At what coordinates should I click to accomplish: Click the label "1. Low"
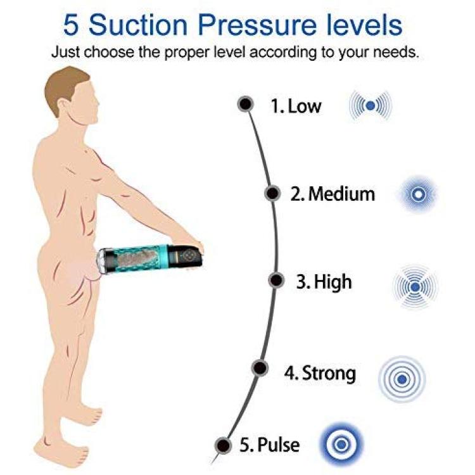296,106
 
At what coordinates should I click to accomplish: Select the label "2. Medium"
332,194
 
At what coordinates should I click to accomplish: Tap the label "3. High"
324,282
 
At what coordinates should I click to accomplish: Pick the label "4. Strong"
320,373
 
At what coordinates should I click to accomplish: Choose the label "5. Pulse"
270,445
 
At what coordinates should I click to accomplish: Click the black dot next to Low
245,104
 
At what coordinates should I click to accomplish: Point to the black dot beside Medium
272,193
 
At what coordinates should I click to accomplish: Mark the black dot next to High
276,280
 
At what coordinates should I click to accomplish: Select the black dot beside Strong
260,368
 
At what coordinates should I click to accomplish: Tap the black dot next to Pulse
224,446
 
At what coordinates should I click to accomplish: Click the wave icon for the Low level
370,106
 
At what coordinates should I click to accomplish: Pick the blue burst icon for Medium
418,194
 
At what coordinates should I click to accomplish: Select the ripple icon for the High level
415,286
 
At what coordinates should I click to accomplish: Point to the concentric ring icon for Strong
402,379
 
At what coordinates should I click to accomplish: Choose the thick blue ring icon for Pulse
342,445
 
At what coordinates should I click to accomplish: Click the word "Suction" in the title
138,25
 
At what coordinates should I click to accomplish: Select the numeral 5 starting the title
71,25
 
